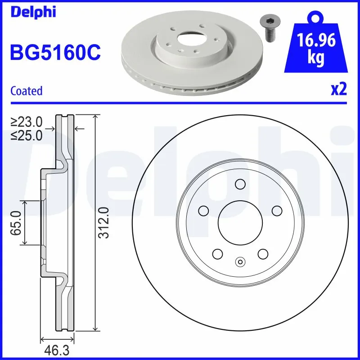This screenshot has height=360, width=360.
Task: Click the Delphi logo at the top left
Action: click(x=33, y=12)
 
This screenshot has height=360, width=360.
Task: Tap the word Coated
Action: click(x=26, y=91)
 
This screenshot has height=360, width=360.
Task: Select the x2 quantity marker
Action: click(x=339, y=90)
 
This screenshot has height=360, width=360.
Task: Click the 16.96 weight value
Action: click(x=317, y=41)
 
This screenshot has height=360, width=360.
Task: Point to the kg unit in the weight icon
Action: click(x=317, y=59)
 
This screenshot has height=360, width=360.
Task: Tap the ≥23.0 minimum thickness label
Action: click(x=27, y=121)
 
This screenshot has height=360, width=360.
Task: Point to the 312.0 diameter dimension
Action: click(x=104, y=223)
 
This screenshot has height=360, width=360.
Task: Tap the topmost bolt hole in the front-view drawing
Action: click(x=240, y=184)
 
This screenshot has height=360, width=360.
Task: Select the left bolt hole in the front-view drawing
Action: click(x=203, y=211)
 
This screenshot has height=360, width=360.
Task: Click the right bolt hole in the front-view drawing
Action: click(x=276, y=211)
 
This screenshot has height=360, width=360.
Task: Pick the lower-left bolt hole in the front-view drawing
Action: click(x=217, y=254)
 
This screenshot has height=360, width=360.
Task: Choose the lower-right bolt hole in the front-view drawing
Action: click(x=263, y=254)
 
